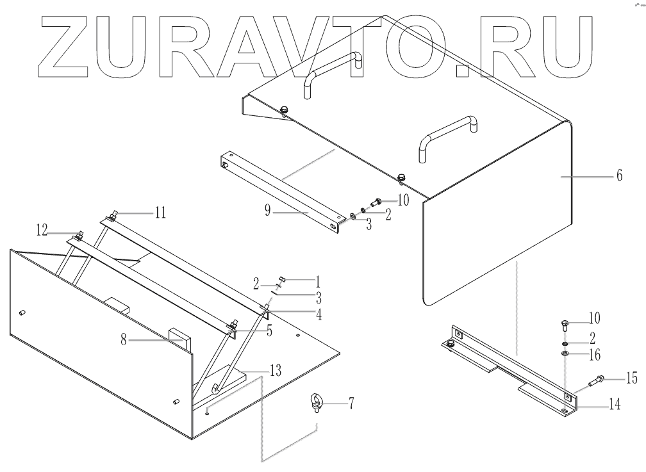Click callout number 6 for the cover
click(x=618, y=175)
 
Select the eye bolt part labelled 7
click(x=318, y=407)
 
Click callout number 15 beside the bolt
click(x=631, y=379)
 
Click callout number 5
click(x=269, y=332)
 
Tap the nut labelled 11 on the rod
click(x=113, y=216)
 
